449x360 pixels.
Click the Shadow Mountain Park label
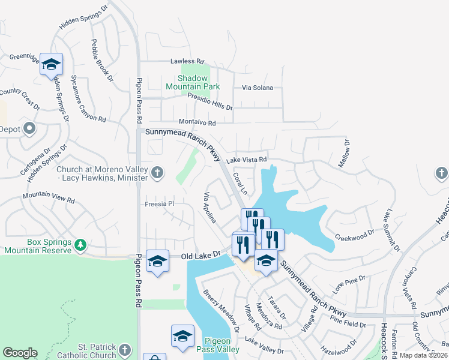click(193, 83)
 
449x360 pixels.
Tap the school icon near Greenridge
click(52, 64)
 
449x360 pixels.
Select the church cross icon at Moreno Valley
click(157, 173)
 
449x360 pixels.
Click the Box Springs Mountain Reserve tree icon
click(80, 245)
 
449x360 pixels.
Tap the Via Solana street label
click(257, 88)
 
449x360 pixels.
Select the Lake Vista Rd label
click(246, 160)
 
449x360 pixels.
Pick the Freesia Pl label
click(159, 204)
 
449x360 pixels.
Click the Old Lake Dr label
click(197, 257)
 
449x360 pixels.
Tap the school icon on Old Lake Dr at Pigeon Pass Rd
click(158, 261)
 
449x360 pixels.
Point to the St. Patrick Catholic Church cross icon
click(124, 349)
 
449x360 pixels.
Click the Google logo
click(20, 353)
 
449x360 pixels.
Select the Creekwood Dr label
click(354, 238)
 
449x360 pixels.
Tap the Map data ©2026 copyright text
click(422, 355)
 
